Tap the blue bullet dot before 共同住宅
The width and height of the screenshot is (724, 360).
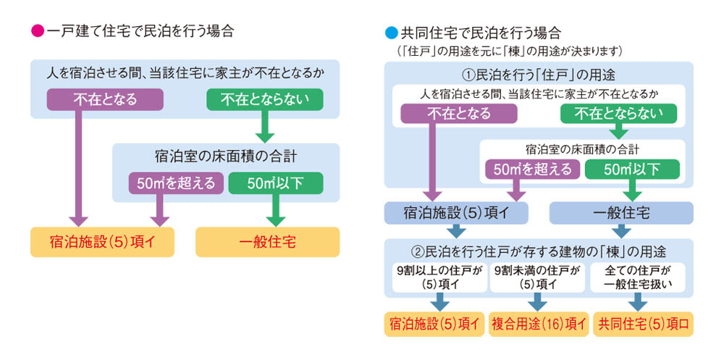(x=391, y=33)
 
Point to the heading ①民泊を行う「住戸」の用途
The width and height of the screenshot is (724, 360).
(x=539, y=74)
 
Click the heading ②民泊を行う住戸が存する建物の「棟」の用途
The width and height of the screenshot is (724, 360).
(x=539, y=252)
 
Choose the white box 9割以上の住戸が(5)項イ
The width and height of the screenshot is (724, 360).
(x=439, y=277)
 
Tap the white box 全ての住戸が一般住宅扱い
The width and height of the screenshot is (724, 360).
(x=637, y=277)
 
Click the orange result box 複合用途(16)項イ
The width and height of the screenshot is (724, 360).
(x=539, y=324)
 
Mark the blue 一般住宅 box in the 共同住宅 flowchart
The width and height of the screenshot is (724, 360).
(x=621, y=213)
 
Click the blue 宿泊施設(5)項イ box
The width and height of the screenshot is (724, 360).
(x=456, y=213)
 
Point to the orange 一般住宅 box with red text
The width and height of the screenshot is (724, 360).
(x=267, y=242)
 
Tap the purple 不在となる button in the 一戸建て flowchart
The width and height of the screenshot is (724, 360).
(x=105, y=99)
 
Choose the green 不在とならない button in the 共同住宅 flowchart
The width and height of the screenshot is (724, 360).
(x=618, y=113)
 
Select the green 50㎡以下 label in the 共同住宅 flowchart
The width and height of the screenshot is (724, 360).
(x=632, y=169)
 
